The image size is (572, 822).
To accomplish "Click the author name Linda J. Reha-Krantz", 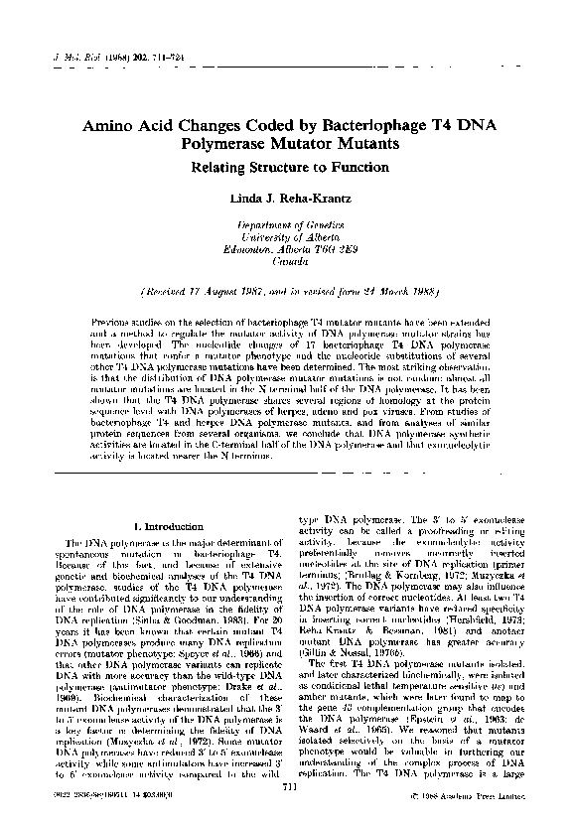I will [x=289, y=200].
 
